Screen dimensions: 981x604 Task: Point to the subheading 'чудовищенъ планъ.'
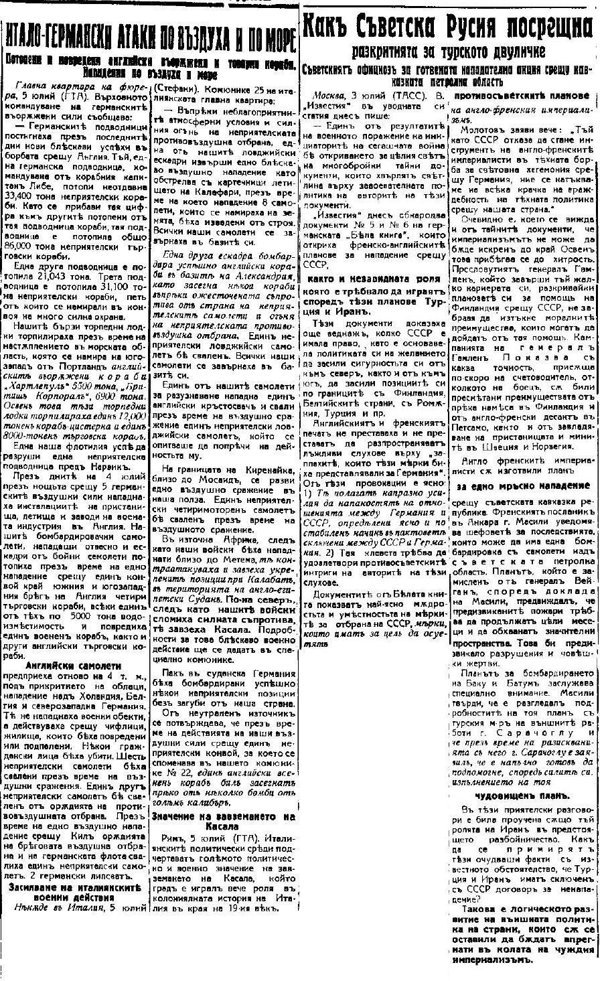pos(522,796)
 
